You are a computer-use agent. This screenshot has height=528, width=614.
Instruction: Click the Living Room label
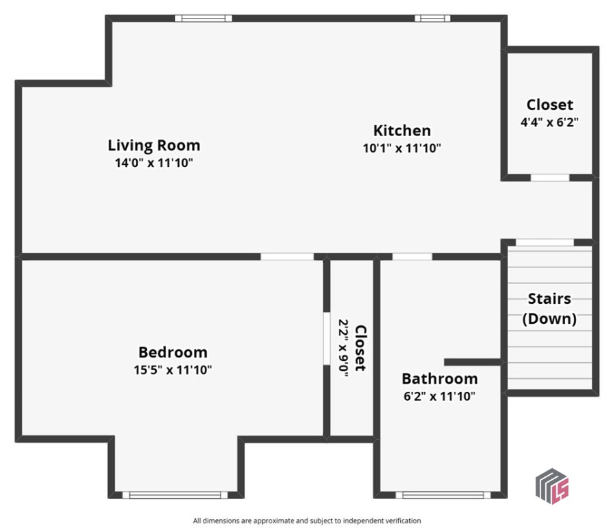(x=154, y=145)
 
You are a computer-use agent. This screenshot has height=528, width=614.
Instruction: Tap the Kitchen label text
(x=402, y=130)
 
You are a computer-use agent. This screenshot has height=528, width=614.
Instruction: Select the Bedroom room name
(x=173, y=352)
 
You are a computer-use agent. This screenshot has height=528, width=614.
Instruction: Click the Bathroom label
(x=439, y=378)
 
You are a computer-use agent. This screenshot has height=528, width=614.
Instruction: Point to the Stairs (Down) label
(x=549, y=309)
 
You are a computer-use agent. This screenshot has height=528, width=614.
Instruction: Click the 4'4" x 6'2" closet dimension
(x=549, y=122)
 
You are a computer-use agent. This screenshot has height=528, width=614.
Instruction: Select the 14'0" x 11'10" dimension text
(x=154, y=164)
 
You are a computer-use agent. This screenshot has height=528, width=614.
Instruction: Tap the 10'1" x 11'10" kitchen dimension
(x=402, y=147)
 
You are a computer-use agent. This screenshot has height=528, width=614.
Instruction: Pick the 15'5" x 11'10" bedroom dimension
(x=173, y=370)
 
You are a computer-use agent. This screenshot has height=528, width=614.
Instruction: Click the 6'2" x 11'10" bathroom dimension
(x=439, y=396)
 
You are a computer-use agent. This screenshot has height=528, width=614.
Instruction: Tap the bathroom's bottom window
(x=443, y=494)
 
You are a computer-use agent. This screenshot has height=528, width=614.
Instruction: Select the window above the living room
(x=203, y=19)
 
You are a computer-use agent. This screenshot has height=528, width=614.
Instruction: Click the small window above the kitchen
(x=432, y=19)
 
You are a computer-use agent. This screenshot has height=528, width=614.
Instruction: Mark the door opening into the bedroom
(x=287, y=257)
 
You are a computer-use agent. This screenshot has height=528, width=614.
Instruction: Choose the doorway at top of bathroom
(x=412, y=257)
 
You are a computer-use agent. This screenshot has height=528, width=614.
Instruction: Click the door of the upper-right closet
(x=549, y=178)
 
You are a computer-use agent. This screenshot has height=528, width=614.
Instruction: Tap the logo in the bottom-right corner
(x=552, y=485)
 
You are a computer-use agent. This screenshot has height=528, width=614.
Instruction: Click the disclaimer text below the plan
(x=307, y=520)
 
